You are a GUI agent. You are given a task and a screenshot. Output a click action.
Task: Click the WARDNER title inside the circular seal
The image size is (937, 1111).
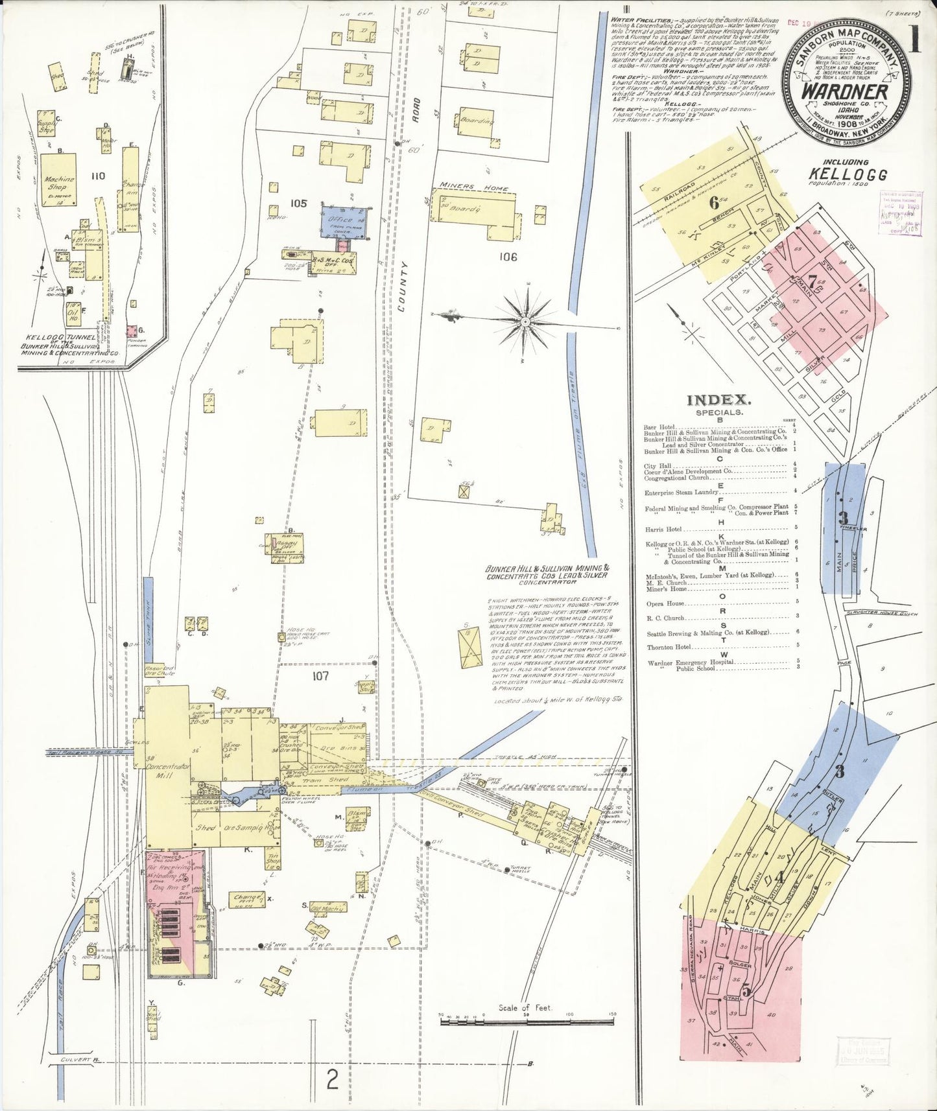click(x=844, y=91)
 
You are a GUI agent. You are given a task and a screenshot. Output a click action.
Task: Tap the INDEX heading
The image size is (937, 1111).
click(x=718, y=401)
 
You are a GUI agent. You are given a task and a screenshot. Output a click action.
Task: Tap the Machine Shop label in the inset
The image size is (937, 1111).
click(x=59, y=182)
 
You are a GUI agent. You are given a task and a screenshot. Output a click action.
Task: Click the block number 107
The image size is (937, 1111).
click(x=320, y=676)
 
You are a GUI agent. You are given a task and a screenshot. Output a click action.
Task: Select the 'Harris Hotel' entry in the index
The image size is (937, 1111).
click(x=660, y=528)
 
